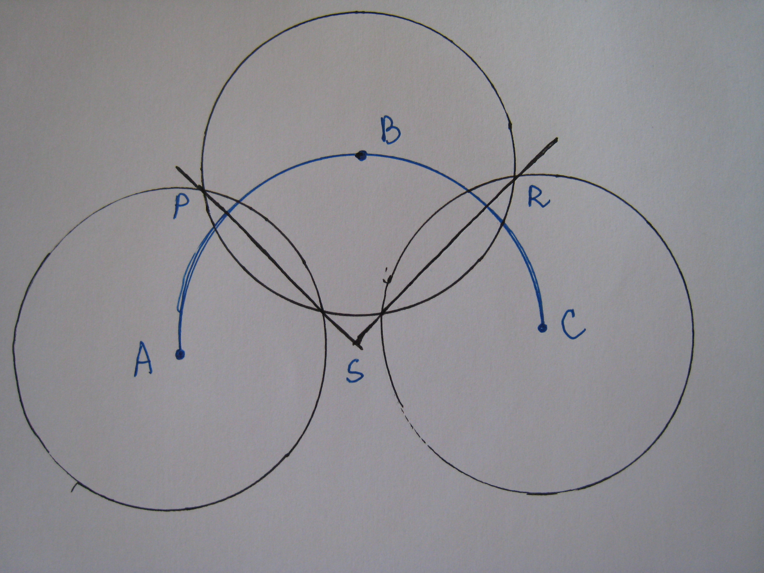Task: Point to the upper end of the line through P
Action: pyautogui.click(x=177, y=168)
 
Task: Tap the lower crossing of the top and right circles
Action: pyautogui.click(x=381, y=313)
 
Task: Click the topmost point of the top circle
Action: pyautogui.click(x=359, y=12)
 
